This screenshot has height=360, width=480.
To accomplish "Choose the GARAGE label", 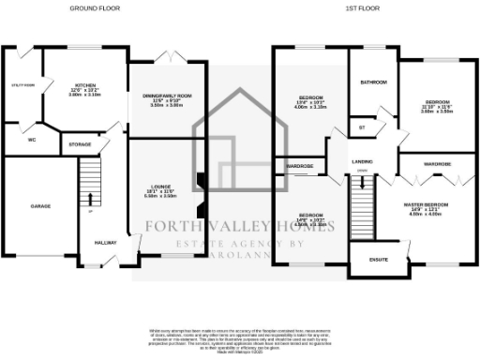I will point(39,204).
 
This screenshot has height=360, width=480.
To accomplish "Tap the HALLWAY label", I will point(105,242).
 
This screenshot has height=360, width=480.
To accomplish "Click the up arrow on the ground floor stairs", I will point(90,198).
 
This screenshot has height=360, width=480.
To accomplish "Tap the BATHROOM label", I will point(373,82).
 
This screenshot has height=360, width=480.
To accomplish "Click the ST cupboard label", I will point(361,126).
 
